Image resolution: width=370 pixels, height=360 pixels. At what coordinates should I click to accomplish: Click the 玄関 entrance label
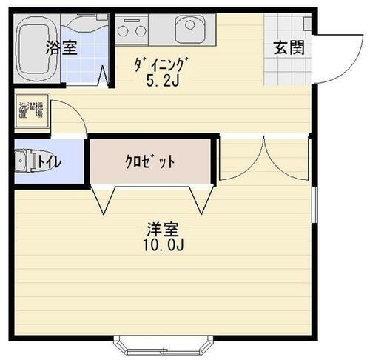(x=289, y=49)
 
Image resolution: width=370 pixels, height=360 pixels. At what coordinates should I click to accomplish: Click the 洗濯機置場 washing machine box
(x=30, y=110)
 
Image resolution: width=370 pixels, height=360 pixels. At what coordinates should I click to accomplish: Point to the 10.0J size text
(x=161, y=245)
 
